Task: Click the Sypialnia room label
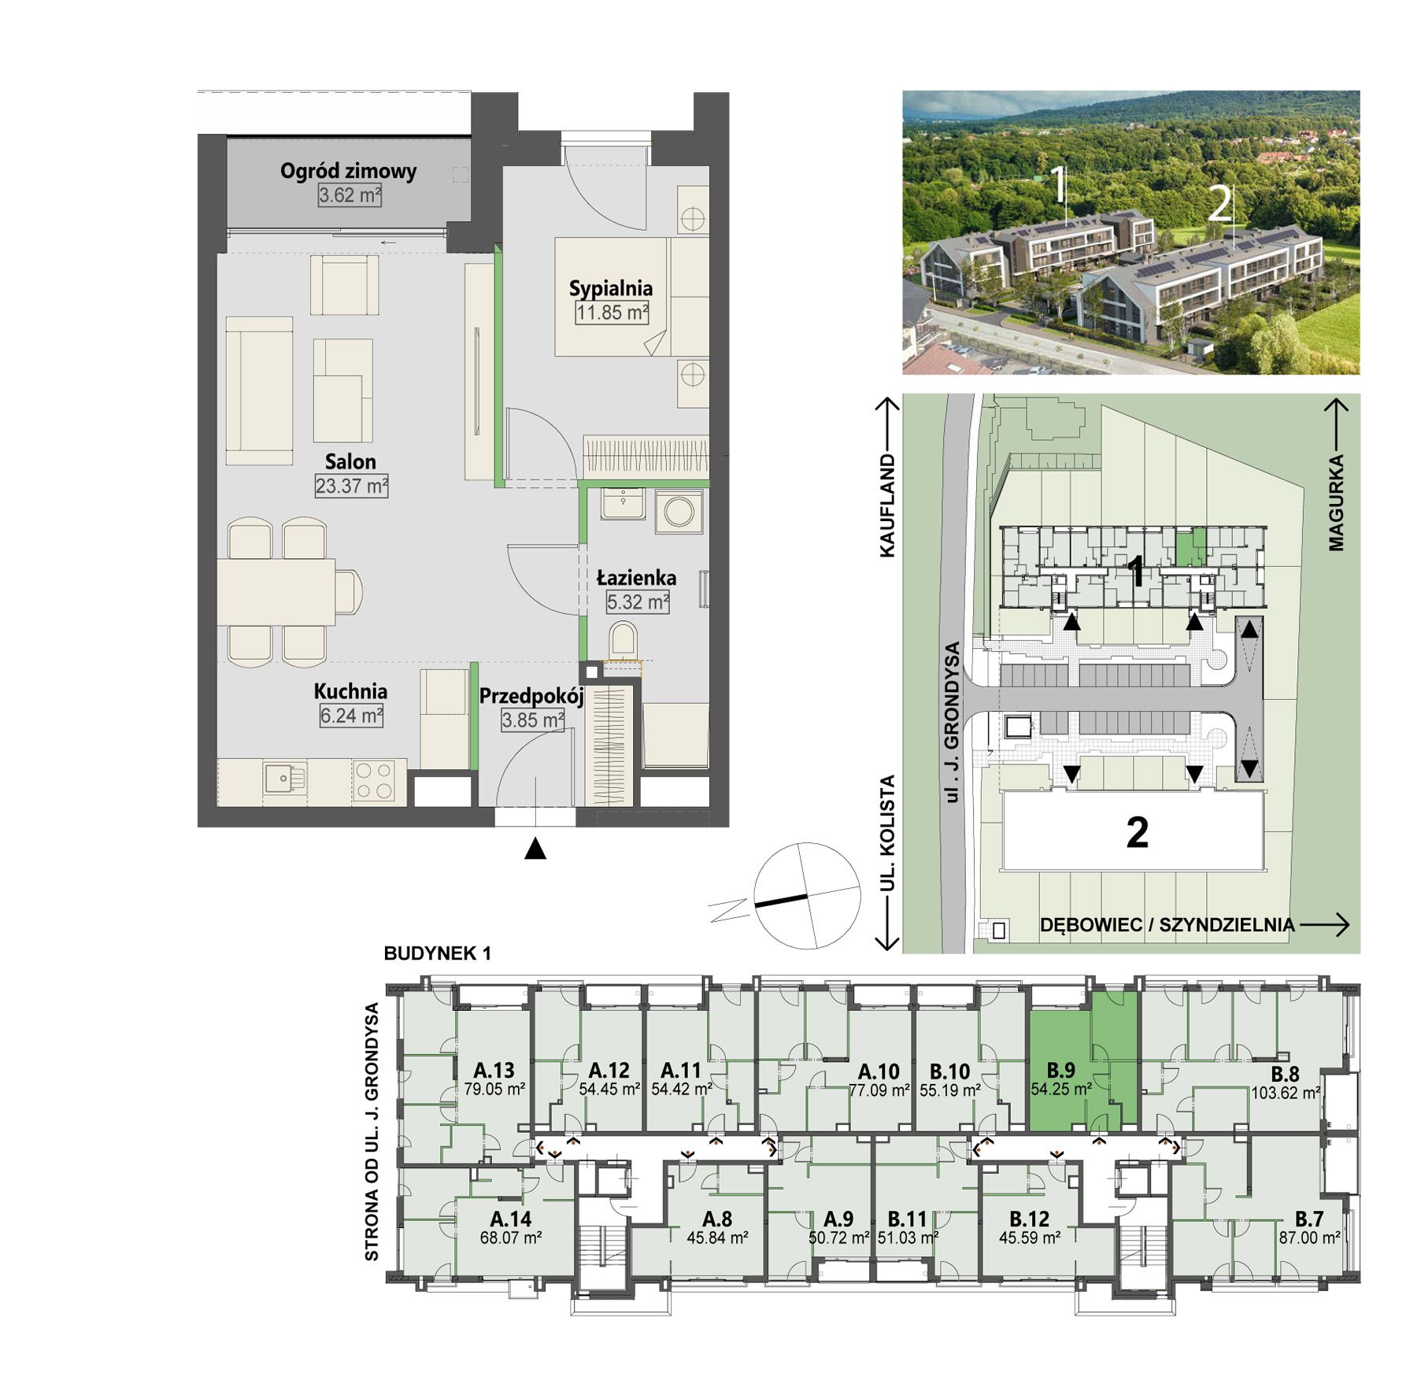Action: coord(611,288)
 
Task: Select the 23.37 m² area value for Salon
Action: coord(352,486)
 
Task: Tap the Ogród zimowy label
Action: coord(348,171)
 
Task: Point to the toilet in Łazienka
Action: coord(623,639)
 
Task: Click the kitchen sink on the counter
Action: coord(284,779)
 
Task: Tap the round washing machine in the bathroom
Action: coord(679,512)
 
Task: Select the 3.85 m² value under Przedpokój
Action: coord(533,720)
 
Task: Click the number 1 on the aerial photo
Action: coord(1060,184)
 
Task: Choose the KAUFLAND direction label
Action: coord(887,505)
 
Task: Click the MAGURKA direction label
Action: coord(1336,502)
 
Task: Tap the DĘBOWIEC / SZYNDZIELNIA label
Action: coord(1167,925)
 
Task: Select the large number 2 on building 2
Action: coord(1138,832)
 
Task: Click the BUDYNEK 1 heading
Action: coord(437,953)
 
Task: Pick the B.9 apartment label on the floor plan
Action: coord(1060,1071)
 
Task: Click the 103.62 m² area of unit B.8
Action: coord(1286,1093)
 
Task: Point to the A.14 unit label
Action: coord(511,1219)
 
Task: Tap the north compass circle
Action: coord(807,896)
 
